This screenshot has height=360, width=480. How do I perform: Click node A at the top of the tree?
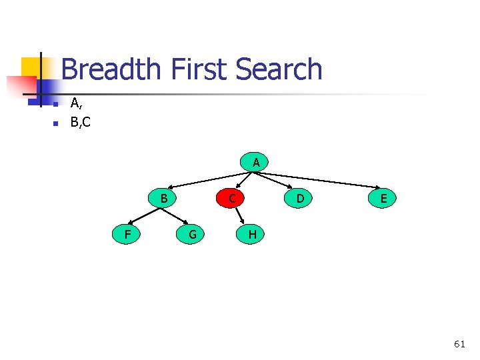point(255,162)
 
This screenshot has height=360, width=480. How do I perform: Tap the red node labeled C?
point(231,198)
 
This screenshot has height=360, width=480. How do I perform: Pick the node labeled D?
point(300,198)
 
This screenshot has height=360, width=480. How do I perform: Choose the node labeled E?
point(383,198)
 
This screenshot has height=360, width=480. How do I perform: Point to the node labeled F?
point(127,234)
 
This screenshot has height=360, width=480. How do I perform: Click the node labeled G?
point(192,234)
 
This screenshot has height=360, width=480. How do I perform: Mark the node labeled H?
point(252,234)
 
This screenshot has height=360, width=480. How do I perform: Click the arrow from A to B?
point(207,179)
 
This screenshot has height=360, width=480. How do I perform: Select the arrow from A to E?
point(320,179)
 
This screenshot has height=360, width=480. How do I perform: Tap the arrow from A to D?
point(275,181)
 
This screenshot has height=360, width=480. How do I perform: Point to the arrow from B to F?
point(145,216)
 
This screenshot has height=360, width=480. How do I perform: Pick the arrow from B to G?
point(176,215)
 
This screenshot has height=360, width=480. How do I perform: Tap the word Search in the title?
point(279,69)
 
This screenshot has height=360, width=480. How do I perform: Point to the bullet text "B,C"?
point(81,123)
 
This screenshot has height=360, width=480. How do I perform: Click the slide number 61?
point(459,344)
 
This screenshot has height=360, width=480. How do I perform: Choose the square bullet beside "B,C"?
point(56,123)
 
